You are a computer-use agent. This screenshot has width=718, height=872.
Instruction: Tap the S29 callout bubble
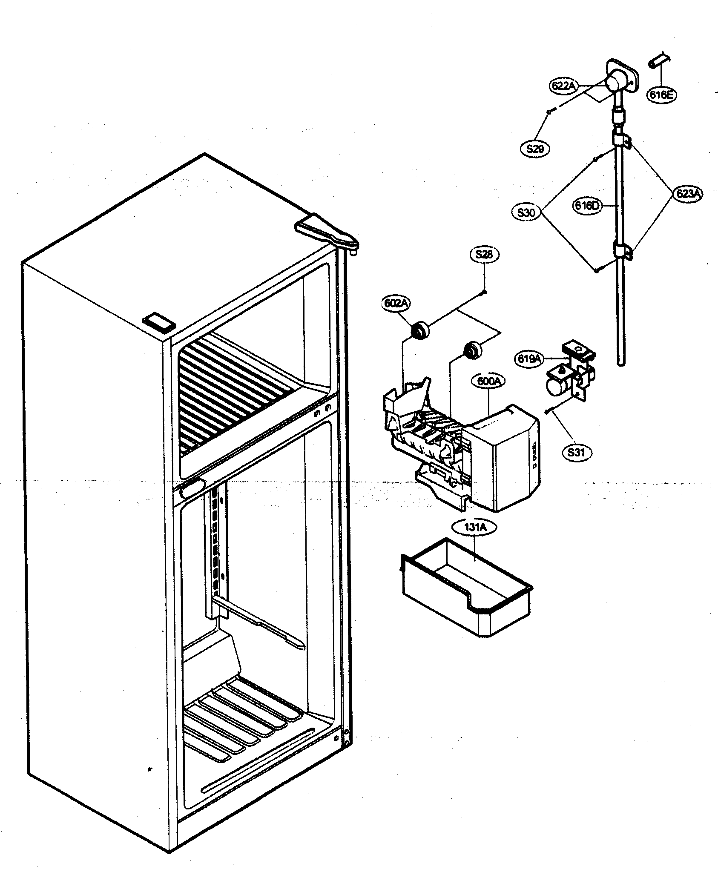click(535, 149)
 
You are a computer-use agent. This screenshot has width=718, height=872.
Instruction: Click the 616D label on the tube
click(587, 206)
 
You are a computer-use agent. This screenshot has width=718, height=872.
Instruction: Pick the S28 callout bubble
click(484, 255)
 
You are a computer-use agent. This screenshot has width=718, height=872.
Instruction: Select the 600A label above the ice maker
click(488, 381)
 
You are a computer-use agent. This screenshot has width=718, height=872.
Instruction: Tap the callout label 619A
click(528, 359)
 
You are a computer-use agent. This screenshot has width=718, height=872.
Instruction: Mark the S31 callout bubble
click(576, 452)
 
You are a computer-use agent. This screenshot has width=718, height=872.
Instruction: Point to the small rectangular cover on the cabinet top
click(159, 322)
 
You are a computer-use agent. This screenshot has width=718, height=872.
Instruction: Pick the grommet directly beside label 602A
click(419, 330)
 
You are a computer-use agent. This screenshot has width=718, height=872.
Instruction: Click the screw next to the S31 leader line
click(548, 411)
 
